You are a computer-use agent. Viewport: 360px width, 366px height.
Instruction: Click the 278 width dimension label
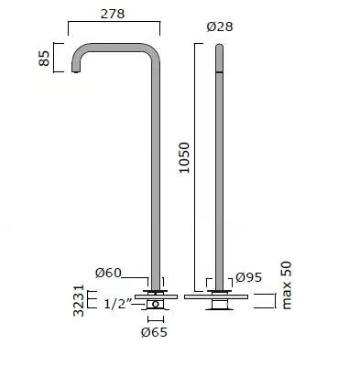click(x=113, y=14)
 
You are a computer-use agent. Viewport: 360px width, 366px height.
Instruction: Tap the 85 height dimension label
click(x=44, y=58)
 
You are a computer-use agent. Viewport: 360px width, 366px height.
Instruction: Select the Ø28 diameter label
click(x=220, y=27)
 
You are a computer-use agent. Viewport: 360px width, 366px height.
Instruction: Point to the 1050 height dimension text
click(x=184, y=157)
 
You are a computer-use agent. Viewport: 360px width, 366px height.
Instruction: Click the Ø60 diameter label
click(x=108, y=273)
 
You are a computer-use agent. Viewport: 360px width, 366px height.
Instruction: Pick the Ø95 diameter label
click(x=249, y=277)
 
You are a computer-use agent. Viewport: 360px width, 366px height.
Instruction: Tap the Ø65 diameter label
click(x=154, y=332)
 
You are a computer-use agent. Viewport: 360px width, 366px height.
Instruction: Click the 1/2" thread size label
click(x=118, y=304)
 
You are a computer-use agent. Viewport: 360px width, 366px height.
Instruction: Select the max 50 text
click(x=287, y=285)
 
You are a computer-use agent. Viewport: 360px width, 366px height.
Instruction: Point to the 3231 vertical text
click(x=79, y=300)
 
